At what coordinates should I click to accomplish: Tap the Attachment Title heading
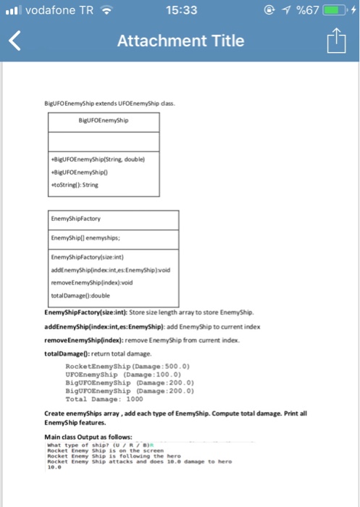(x=180, y=41)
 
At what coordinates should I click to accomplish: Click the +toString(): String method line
(x=76, y=185)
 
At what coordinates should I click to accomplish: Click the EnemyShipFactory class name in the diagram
(x=75, y=217)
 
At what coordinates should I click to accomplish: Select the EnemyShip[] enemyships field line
(x=89, y=236)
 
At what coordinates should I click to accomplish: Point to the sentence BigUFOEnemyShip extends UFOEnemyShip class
(x=115, y=104)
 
